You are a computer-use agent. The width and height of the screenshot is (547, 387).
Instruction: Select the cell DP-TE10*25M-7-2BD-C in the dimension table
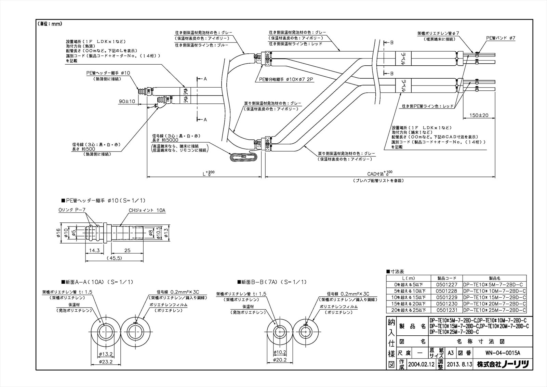pos(494,310)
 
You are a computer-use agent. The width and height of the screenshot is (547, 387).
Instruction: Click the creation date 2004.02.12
pos(421,364)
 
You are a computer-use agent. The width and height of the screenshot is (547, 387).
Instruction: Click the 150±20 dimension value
pos(479,115)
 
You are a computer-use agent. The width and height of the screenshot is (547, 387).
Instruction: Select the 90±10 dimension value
pos(127,101)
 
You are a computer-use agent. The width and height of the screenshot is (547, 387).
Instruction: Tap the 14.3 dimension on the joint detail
pos(94,250)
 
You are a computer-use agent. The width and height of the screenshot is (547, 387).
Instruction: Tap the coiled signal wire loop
pos(243,157)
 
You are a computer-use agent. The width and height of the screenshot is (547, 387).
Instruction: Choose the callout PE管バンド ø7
pos(501,38)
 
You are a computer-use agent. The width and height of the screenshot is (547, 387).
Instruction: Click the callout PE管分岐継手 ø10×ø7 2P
pos(284,79)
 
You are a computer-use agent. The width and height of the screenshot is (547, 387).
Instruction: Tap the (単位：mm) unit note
pos(50,24)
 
